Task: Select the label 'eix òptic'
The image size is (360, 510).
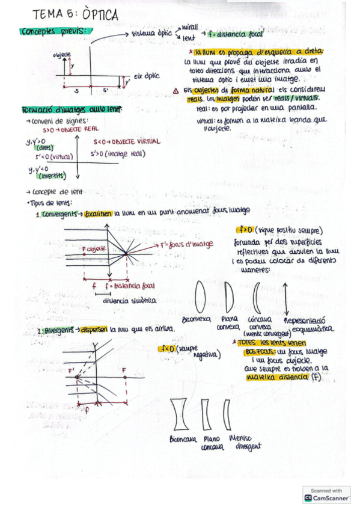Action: pos(146,76)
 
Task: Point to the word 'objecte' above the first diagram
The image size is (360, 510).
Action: pos(62,54)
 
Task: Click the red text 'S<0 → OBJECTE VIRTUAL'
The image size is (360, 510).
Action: pos(127,141)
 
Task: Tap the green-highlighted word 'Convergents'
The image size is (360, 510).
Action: pos(60,214)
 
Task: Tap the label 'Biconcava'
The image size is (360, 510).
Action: pos(183,440)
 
